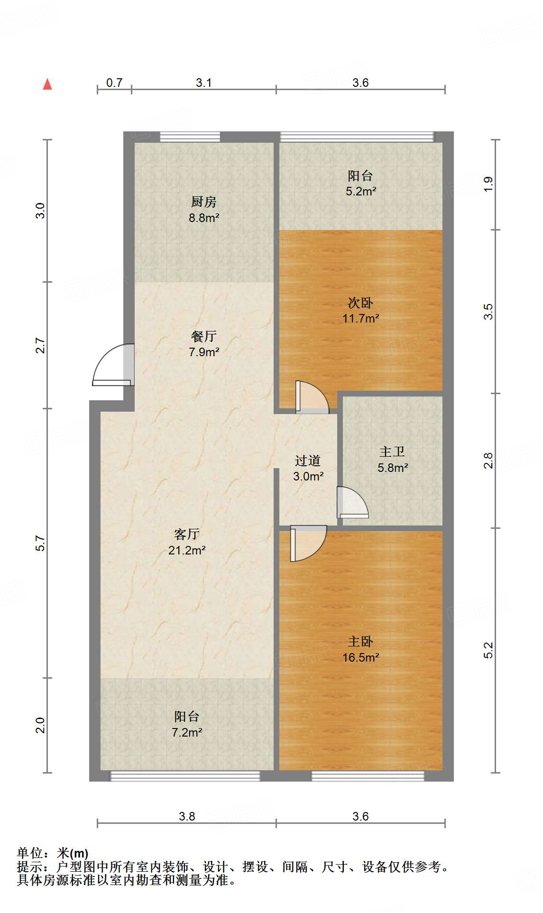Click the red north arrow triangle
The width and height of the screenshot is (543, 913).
[47, 84]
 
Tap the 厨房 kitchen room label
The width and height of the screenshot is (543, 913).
[204, 202]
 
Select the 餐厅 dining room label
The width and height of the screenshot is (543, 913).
[204, 336]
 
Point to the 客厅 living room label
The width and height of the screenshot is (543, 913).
[187, 535]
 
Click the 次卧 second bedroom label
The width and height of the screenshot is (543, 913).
[360, 303]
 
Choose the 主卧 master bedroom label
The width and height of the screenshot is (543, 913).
[360, 642]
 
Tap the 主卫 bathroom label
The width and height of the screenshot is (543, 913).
[392, 452]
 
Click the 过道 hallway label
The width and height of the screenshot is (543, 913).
[308, 461]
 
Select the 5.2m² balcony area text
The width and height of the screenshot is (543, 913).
[361, 192]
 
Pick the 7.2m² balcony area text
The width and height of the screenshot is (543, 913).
[187, 733]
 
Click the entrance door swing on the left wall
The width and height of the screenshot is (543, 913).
[113, 365]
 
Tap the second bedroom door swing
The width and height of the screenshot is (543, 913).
[312, 397]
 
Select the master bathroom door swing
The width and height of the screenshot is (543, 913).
[353, 502]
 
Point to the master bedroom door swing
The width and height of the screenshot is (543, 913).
[308, 544]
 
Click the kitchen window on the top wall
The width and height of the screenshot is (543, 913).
[190, 137]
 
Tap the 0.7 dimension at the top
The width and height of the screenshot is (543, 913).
[114, 83]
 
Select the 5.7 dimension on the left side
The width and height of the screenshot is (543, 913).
[41, 543]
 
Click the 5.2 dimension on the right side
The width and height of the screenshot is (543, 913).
[488, 650]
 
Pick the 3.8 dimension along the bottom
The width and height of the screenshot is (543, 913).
[187, 816]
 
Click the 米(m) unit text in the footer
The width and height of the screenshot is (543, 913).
[73, 853]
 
